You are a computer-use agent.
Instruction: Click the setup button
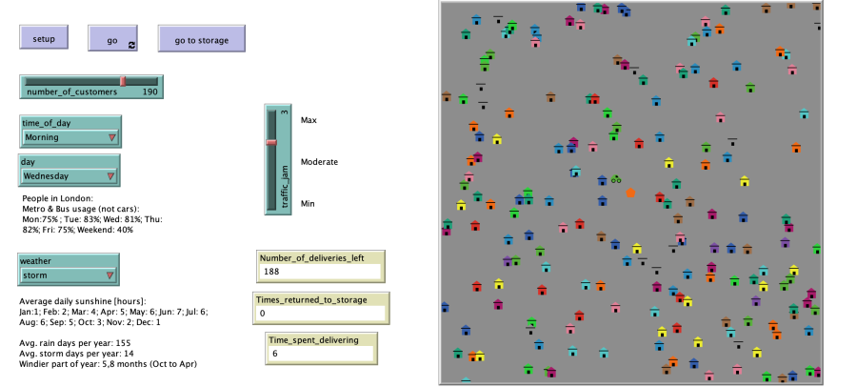(44, 39)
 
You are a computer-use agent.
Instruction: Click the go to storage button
(201, 39)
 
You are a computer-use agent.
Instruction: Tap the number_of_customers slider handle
(123, 81)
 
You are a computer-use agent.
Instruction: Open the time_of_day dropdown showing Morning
(71, 136)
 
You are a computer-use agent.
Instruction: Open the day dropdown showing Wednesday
(70, 175)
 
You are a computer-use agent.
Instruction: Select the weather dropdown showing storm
(70, 275)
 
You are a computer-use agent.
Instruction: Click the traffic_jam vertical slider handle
(271, 142)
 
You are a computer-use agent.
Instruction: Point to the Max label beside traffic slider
(309, 121)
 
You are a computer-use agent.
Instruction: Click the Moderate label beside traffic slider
(319, 162)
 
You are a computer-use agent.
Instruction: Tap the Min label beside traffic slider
(308, 203)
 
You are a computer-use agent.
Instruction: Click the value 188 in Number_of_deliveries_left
(272, 272)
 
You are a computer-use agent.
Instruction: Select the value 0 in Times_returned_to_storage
(262, 312)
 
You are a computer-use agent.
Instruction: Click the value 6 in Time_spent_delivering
(274, 353)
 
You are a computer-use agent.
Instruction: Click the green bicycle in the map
(616, 178)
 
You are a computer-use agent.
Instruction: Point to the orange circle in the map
(630, 193)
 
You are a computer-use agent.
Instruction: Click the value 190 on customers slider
(149, 92)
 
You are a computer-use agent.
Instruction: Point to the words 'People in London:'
(57, 198)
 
